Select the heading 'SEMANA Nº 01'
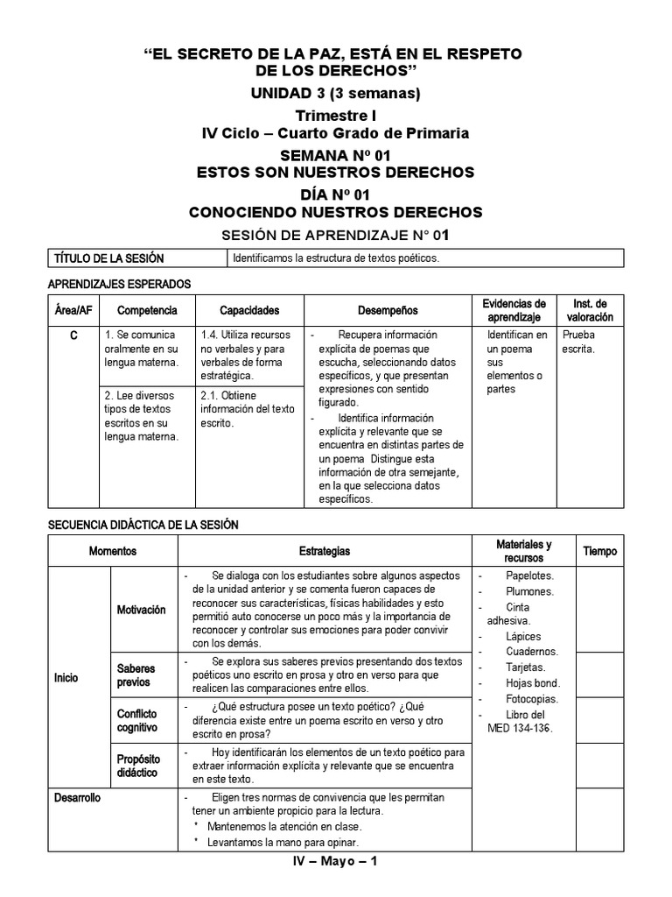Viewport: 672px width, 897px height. (x=335, y=154)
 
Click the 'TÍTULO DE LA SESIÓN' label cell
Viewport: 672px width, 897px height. (x=109, y=258)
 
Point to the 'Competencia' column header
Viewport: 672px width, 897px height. (x=147, y=310)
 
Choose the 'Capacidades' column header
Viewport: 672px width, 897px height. (x=249, y=310)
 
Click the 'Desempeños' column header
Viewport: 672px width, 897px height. (x=388, y=310)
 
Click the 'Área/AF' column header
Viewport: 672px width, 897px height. (x=72, y=310)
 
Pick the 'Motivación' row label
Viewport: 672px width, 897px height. (x=142, y=610)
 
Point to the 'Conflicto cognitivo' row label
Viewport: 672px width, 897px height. (x=138, y=720)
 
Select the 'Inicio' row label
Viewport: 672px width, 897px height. (x=67, y=676)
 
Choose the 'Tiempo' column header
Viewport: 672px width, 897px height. (x=599, y=551)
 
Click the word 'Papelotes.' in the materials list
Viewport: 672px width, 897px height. (x=529, y=576)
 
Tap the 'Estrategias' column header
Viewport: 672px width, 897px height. (x=325, y=551)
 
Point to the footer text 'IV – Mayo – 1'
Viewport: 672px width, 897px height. (x=335, y=862)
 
